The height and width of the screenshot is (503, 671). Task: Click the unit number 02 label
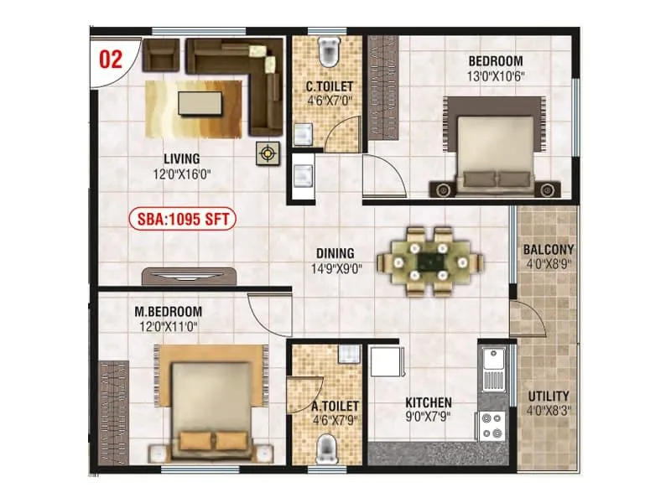[x=111, y=60]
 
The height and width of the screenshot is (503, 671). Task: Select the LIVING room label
[x=181, y=158]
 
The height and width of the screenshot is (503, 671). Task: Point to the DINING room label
[x=335, y=253]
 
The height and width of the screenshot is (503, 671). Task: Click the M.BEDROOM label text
[x=168, y=312]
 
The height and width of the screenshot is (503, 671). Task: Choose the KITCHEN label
[x=428, y=402]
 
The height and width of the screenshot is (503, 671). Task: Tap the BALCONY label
[x=548, y=249]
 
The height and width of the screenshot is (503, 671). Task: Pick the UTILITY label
[x=549, y=396]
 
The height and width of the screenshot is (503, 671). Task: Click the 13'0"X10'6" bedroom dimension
[x=495, y=76]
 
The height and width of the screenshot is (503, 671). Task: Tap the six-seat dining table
[x=430, y=261]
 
